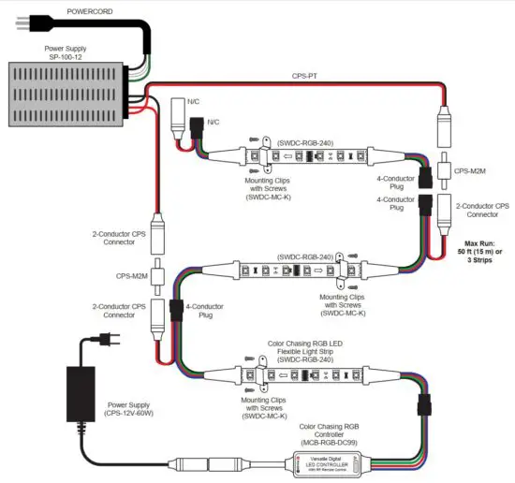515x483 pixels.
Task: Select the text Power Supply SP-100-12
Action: tap(62, 51)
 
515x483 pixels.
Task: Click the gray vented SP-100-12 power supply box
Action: tap(65, 94)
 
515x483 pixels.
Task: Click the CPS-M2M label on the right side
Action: tap(471, 171)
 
